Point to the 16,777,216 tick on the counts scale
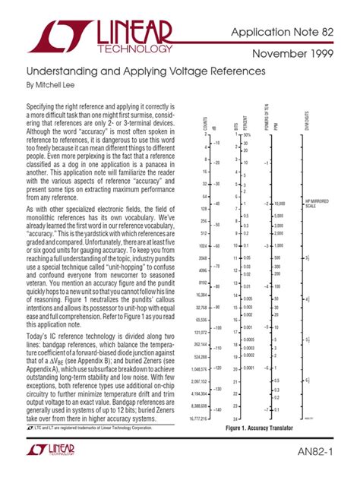pos(199,419)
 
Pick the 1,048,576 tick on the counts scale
pos(200,367)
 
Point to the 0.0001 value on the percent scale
pos(250,367)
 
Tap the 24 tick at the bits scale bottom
pos(236,419)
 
